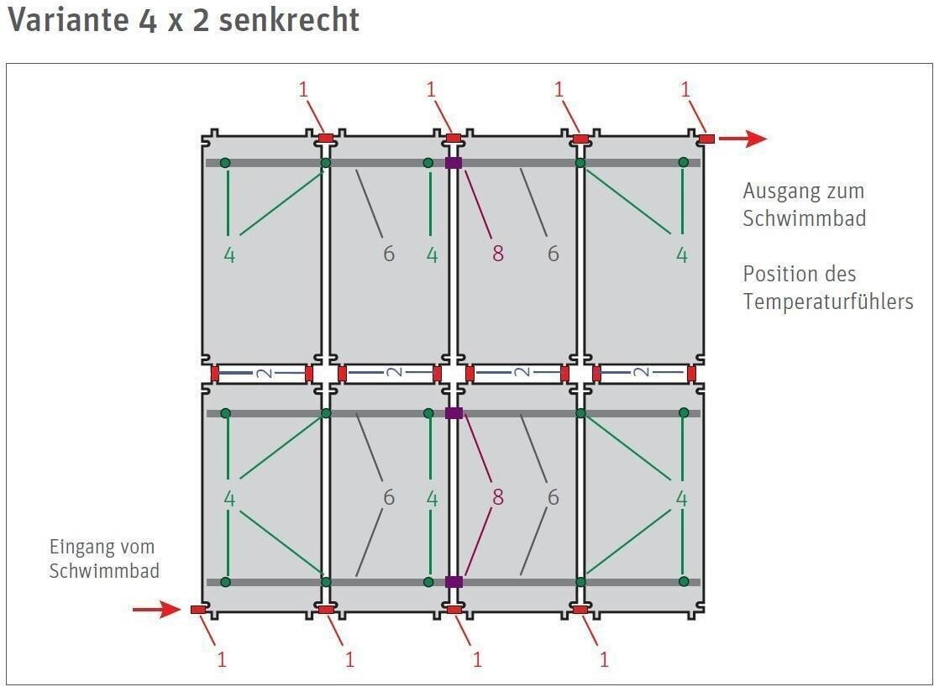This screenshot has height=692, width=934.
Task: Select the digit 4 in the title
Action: coord(147,20)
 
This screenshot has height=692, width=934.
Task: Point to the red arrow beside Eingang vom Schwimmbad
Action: coord(156,609)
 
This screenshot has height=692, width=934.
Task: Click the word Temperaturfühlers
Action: coord(827,301)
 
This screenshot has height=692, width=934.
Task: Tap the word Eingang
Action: coord(81,548)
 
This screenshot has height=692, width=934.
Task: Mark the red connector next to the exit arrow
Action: coord(706,139)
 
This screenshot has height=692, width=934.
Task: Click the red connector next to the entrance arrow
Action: coord(198,610)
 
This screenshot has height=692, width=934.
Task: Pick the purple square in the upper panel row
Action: coord(454,163)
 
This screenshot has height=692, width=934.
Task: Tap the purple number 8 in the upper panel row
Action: coord(498,254)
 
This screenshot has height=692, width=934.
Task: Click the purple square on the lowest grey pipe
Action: coord(454,581)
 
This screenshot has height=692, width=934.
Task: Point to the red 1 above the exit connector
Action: coord(685,90)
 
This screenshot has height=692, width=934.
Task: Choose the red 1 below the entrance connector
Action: coord(222,659)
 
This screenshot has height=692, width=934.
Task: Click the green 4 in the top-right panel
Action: coord(682,254)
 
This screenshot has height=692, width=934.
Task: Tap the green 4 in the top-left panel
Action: coord(229,254)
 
